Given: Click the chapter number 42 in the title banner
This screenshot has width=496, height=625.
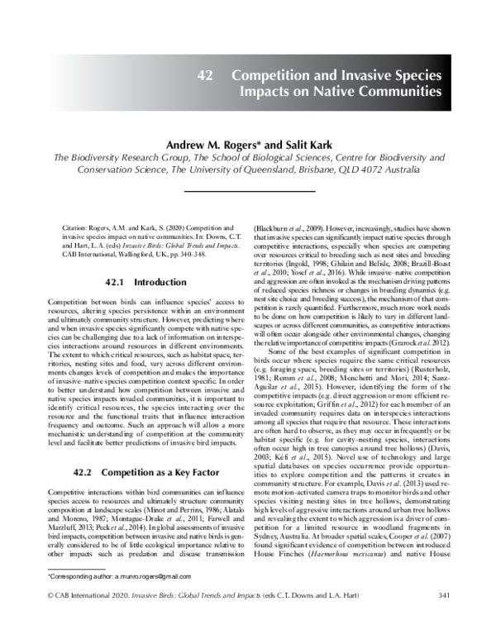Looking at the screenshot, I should (x=206, y=75).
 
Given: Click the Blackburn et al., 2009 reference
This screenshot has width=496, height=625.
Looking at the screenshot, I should (x=285, y=224).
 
